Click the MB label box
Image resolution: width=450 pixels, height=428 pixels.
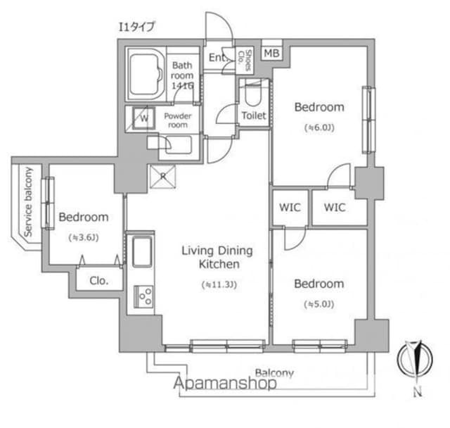pos(271,53)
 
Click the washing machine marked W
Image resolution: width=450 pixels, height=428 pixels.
pos(143,118)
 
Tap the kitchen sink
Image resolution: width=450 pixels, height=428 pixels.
pos(141,252)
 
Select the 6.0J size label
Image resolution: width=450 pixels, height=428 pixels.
pos(319,128)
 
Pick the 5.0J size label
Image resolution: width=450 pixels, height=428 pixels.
pos(319,304)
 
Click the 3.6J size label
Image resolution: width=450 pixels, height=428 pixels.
pos(84,237)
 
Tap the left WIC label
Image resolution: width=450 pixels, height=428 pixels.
pos(290,208)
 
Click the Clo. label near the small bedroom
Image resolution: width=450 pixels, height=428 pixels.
pos(99,280)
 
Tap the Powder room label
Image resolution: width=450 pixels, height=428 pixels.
pos(176,120)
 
